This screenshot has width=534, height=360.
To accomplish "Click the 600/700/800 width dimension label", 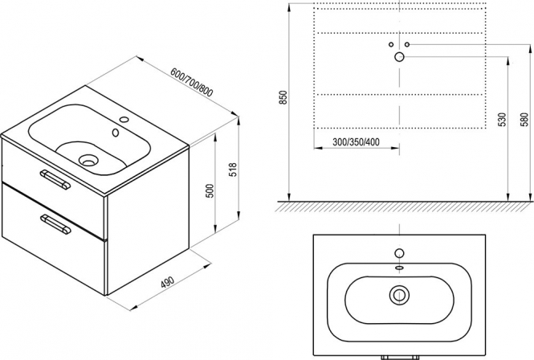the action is coord(191,83).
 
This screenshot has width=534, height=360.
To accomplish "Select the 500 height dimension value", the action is coord(210,191).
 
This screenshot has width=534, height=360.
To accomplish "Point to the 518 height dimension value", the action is coord(233,170).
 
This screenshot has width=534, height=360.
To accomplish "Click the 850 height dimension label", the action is coord(283,97).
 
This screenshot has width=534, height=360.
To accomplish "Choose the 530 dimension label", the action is coord(503,119).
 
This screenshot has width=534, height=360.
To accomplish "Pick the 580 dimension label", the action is coord(524,119).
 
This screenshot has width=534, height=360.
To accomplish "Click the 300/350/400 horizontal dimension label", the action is coord(356,141).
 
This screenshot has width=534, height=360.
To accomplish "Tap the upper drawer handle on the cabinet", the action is coord(55,179).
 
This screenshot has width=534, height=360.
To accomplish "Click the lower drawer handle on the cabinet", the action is coord(56,225).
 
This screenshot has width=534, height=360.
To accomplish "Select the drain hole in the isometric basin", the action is coord(88,160).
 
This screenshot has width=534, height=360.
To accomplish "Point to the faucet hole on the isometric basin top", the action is coord(124,120).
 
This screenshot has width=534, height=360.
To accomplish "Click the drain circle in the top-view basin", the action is coord(399,295).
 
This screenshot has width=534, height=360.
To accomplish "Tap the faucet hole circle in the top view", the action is coord(399,253).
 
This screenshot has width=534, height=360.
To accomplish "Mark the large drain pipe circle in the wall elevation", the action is coord(399,57).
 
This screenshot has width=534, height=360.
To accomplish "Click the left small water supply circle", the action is coord(391,44).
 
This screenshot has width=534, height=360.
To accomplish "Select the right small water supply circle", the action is coord(407,44).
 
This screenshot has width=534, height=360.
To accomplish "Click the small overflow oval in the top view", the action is coord(399,268).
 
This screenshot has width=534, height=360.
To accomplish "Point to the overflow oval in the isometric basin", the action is coord(116,133).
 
